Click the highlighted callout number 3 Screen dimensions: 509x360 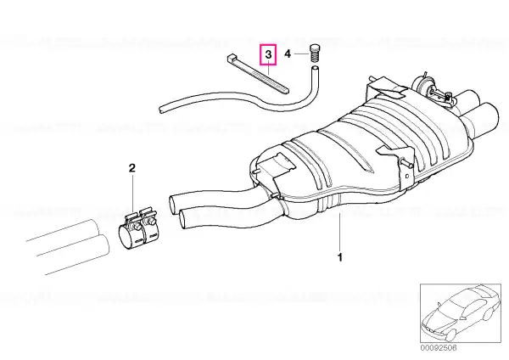[x=268, y=54]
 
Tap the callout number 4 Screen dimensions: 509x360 [x=288, y=54]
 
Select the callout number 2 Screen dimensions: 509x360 [x=131, y=168]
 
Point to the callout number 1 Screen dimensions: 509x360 [x=340, y=257]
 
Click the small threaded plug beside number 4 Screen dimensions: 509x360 [x=314, y=53]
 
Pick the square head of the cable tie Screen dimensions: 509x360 [x=232, y=59]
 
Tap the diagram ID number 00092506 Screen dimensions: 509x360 [x=439, y=348]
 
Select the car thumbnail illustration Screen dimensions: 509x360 [x=461, y=313]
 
